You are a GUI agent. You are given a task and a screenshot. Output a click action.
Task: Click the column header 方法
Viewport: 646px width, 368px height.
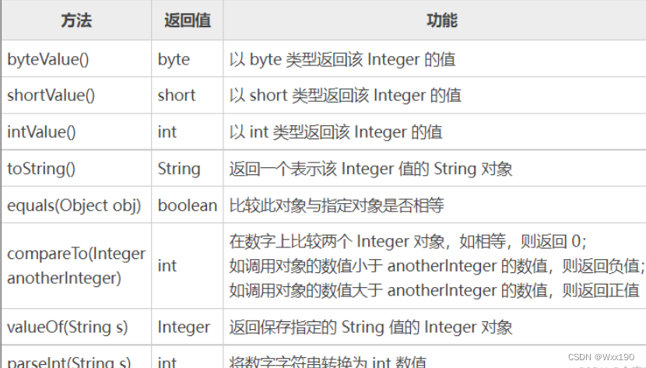click(x=75, y=21)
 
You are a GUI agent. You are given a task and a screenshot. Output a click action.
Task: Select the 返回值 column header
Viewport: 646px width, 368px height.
click(x=188, y=21)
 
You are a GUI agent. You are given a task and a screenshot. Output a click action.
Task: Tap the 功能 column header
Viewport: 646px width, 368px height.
click(x=442, y=21)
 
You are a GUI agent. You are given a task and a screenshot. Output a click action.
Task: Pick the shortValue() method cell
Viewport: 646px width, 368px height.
click(x=51, y=96)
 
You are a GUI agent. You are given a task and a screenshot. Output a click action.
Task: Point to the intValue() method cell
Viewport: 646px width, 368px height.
click(x=42, y=132)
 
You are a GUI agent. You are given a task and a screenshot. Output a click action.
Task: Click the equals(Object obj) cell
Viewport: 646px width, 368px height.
click(x=74, y=205)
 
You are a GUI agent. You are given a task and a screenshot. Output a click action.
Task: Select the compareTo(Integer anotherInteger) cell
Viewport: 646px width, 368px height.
click(x=76, y=265)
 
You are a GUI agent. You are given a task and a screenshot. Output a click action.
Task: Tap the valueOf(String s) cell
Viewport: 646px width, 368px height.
click(x=68, y=327)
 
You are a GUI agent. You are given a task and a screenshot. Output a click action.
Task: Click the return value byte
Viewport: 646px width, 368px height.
click(x=174, y=59)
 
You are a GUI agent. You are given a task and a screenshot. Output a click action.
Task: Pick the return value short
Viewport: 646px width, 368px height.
click(x=177, y=96)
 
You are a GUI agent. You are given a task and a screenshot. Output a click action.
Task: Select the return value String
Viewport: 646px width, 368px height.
click(x=179, y=169)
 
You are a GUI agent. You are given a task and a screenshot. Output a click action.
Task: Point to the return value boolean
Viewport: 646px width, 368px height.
click(x=188, y=205)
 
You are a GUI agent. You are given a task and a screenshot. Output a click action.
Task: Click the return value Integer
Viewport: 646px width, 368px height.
click(x=184, y=327)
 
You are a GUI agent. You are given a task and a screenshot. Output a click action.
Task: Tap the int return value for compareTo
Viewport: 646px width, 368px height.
click(x=167, y=265)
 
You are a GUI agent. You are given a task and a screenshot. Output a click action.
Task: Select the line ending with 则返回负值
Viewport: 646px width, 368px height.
click(x=437, y=265)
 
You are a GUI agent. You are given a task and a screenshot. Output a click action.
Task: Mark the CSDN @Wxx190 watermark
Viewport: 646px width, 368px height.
click(x=601, y=356)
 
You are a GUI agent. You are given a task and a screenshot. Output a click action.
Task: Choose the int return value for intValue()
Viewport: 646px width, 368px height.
click(x=167, y=132)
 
